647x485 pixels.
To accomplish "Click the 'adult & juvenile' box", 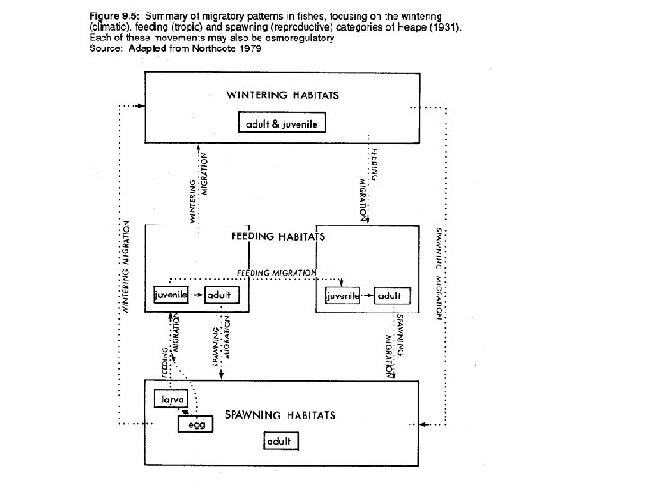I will [282, 124].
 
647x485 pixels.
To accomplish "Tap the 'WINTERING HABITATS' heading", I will [282, 94].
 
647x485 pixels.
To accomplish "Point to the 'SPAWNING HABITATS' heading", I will [279, 415].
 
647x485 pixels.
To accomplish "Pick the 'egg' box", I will [197, 425].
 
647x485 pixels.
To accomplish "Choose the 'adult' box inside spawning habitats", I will [281, 442].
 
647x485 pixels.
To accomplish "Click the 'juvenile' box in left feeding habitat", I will [171, 295].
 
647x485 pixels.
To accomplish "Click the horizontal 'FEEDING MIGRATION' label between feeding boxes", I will [277, 272].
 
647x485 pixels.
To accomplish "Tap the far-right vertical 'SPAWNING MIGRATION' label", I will [438, 273].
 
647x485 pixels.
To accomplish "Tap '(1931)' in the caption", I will [446, 28].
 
